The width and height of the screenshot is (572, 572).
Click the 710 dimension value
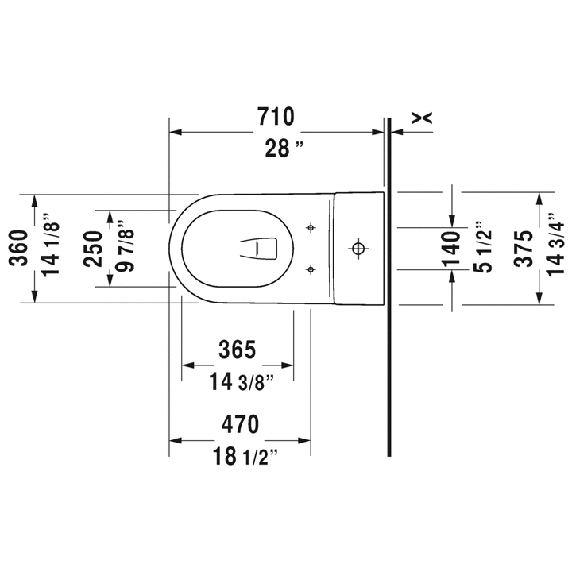[x=276, y=116]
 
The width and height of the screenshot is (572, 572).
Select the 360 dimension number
[x=19, y=248]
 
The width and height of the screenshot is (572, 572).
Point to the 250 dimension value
[x=93, y=249]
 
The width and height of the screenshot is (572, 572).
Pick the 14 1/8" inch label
[x=50, y=245]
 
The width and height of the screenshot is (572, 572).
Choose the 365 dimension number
[x=237, y=349]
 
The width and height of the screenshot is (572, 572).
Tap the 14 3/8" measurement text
[x=242, y=382]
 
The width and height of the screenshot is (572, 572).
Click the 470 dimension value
[x=241, y=424]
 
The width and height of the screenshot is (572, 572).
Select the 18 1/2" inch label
[x=245, y=456]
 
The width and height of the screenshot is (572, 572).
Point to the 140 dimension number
[x=451, y=249]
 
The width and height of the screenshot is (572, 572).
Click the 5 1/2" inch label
[x=483, y=247]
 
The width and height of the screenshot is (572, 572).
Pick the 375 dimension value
[x=524, y=249]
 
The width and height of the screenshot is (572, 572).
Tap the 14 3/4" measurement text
[x=555, y=245]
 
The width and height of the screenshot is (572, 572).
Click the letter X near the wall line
[x=422, y=118]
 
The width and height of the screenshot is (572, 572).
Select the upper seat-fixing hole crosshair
[x=311, y=228]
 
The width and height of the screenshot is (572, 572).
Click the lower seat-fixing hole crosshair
[x=311, y=269]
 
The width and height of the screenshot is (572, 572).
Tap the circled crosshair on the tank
[x=358, y=249]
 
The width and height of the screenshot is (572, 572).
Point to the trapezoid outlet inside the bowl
[x=259, y=249]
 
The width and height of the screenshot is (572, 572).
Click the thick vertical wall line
[x=388, y=287]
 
